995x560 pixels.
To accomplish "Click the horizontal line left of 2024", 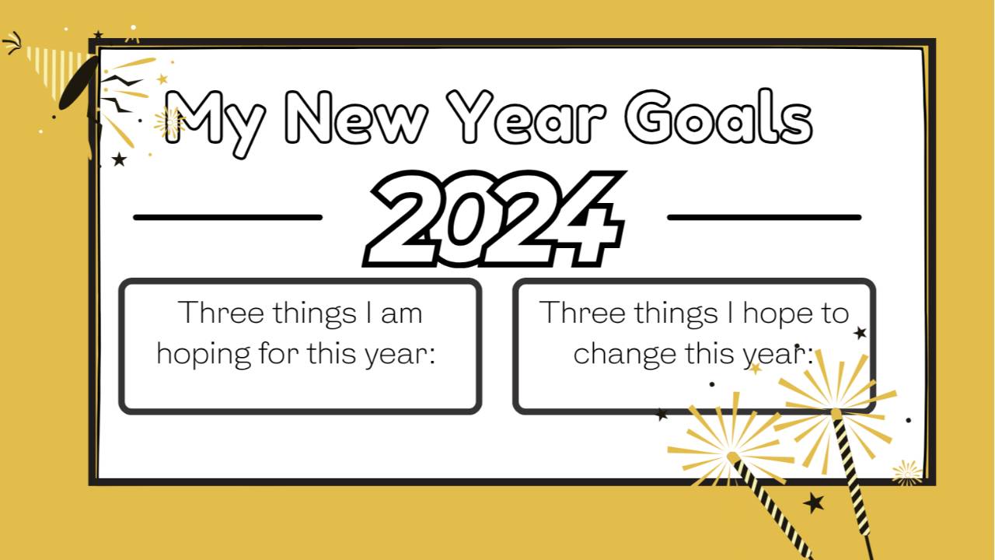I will click(228, 218).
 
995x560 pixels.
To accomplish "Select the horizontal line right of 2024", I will click(764, 218).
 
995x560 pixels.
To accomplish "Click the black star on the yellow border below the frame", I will click(814, 502).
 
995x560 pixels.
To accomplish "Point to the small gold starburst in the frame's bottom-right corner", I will click(906, 472).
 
